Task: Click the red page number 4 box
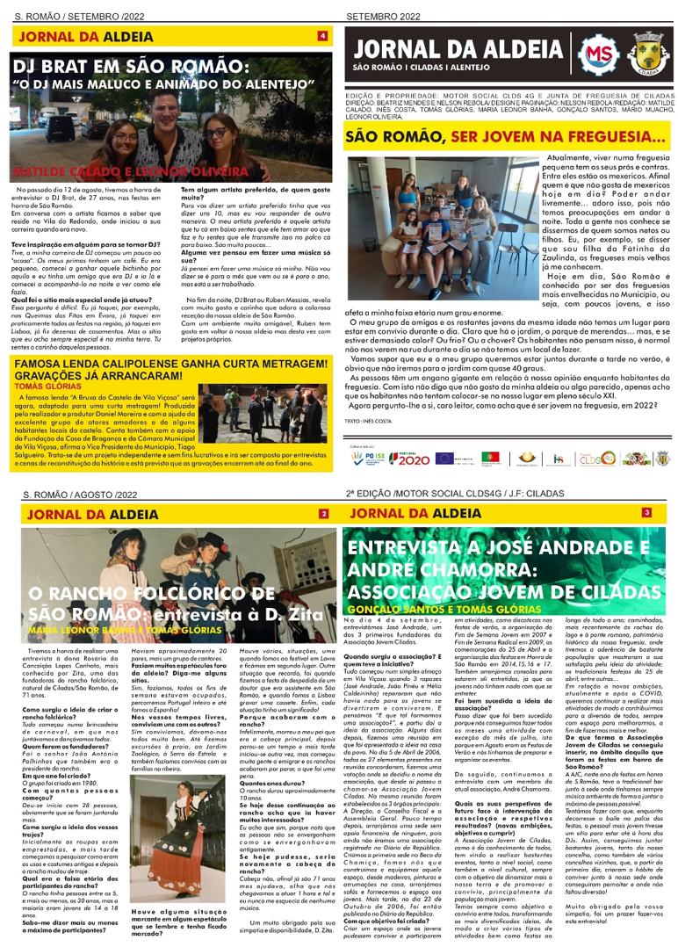(x=322, y=36)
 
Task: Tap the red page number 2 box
(x=323, y=513)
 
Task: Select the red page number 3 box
(x=646, y=512)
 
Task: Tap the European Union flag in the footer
(x=444, y=458)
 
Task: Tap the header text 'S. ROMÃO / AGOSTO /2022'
(x=81, y=495)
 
